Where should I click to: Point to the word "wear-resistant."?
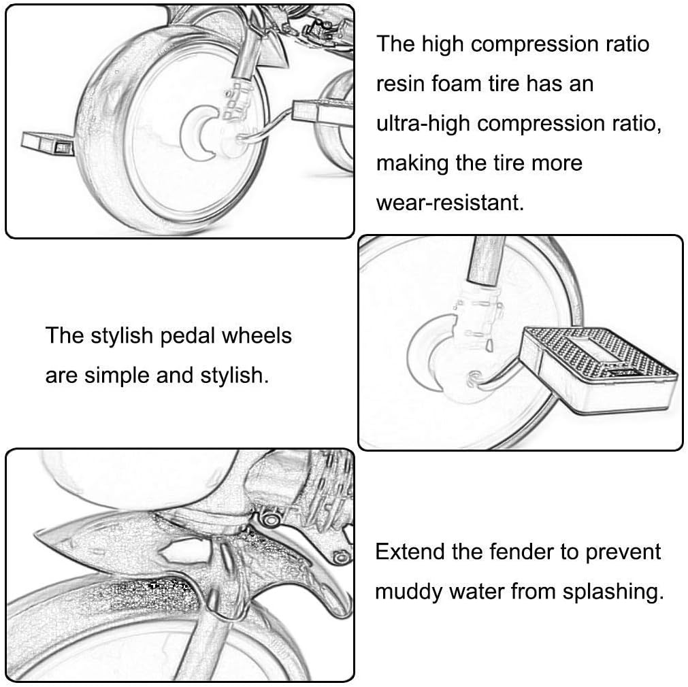pos(451,203)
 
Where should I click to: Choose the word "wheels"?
pos(260,336)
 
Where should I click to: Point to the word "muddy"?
pos(408,591)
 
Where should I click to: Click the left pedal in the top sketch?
pos(47,142)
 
